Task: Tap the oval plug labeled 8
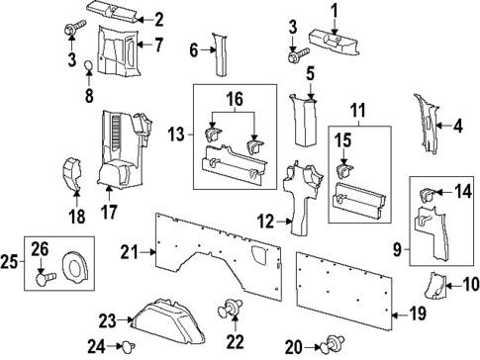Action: pyautogui.click(x=87, y=67)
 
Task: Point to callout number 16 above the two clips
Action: pyautogui.click(x=235, y=100)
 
